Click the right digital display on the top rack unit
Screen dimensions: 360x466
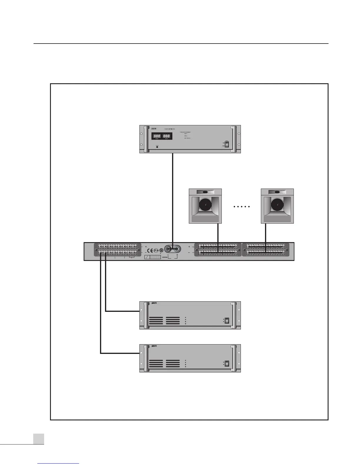pos(167,136)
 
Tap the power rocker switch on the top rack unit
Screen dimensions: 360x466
pos(226,144)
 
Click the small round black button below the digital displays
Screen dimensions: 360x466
pos(157,147)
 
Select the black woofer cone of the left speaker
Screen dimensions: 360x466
pos(205,205)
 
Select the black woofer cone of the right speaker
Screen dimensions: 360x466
pos(277,205)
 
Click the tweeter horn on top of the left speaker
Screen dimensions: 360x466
pos(205,192)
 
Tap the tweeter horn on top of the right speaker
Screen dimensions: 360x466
pos(277,192)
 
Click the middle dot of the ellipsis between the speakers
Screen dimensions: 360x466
pos(241,207)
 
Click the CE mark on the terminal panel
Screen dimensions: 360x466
pos(149,251)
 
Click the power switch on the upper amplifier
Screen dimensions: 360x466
pos(226,321)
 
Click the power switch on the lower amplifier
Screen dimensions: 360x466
pos(226,363)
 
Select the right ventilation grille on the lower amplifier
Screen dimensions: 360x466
pos(173,363)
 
